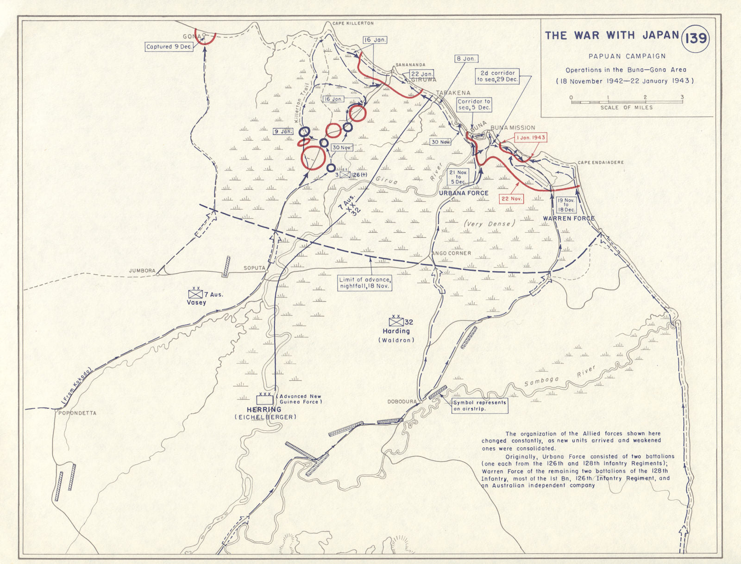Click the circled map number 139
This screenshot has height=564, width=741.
[x=696, y=37]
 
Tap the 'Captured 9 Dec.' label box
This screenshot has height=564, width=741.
[x=168, y=47]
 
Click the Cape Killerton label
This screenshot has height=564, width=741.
[x=352, y=23]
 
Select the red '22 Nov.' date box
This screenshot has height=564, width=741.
[x=512, y=198]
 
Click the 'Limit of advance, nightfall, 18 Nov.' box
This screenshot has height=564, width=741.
[x=365, y=283]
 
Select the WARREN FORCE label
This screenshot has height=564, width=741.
[x=568, y=218]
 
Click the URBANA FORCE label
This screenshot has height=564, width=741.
[x=464, y=193]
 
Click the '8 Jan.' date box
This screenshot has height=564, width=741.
[x=465, y=59]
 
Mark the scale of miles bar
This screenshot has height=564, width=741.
[x=626, y=102]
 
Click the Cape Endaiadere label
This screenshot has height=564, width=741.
[x=600, y=163]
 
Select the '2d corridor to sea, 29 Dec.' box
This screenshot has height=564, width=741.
[x=498, y=76]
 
